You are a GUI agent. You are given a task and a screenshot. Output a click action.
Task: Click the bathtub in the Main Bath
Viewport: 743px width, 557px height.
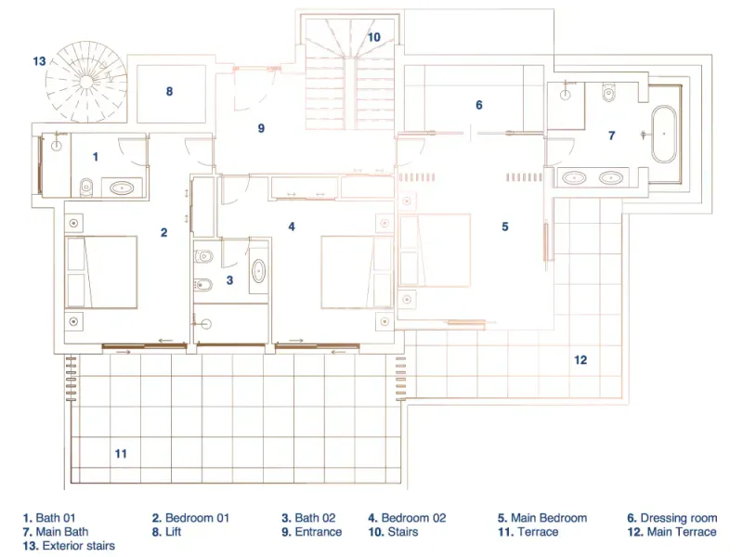point(663,134)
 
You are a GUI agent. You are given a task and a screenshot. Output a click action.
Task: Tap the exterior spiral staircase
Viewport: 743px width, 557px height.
point(86,82)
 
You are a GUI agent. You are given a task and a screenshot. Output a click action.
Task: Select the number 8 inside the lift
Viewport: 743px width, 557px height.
point(169,91)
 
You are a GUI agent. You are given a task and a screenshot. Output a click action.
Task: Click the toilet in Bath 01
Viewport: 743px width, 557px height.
point(86,187)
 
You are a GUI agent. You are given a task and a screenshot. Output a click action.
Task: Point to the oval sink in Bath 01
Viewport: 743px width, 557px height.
point(122,188)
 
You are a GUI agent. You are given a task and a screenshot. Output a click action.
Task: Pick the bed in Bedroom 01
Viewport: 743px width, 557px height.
point(101,272)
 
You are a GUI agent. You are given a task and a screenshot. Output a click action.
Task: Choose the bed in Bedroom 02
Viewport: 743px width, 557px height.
point(357,272)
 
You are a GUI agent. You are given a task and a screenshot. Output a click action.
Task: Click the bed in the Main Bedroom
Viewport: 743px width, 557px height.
point(435,250)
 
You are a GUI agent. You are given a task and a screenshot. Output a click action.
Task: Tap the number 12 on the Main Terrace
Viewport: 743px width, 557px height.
point(580,360)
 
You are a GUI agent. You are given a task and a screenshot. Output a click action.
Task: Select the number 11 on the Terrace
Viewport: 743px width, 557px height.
point(121,454)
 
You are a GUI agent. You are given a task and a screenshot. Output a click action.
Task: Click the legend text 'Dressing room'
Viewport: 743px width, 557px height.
point(679,518)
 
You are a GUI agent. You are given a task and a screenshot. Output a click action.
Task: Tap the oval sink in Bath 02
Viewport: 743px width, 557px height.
point(258,271)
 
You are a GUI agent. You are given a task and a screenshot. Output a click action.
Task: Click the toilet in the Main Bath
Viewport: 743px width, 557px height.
point(608,92)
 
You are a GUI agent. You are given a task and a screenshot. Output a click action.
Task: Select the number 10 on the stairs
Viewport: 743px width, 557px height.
point(374,37)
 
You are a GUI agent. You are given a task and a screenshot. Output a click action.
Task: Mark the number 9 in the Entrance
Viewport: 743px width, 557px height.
point(261,128)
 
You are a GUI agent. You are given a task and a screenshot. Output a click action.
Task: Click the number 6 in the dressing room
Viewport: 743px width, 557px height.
point(479,105)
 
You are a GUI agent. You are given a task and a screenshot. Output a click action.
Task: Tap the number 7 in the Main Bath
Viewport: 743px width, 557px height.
point(612,136)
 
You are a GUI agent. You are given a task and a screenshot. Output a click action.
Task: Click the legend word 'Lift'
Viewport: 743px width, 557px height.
point(173,532)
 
